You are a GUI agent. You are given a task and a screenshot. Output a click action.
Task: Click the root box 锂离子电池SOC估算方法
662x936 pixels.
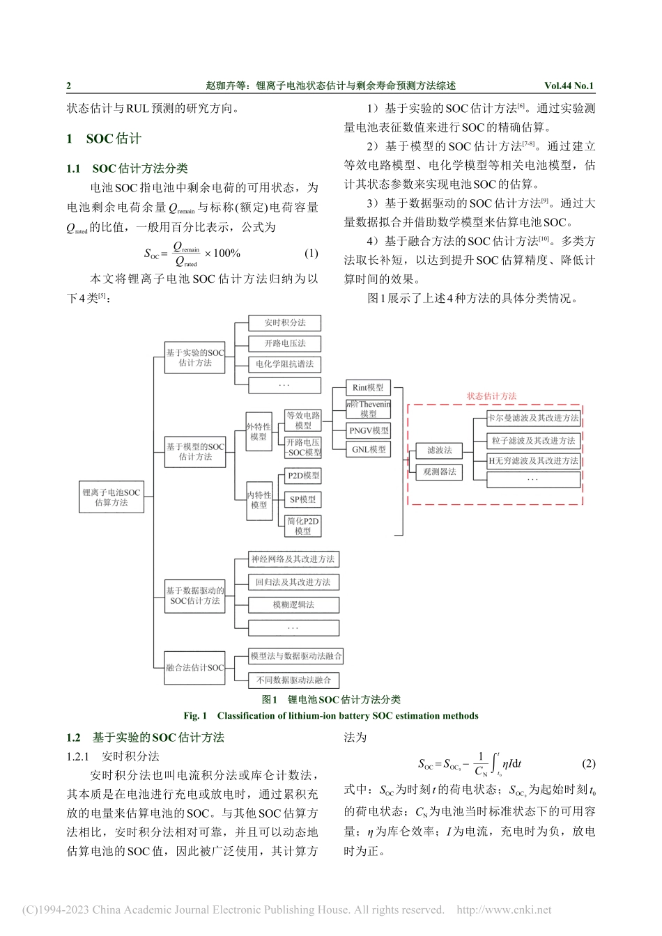pyautogui.click(x=111, y=497)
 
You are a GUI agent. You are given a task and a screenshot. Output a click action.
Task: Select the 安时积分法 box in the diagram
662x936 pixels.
pyautogui.click(x=285, y=322)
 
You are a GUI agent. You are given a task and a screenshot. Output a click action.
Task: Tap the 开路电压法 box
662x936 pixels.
pyautogui.click(x=285, y=343)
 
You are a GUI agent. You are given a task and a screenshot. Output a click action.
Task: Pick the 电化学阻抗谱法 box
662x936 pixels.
pyautogui.click(x=285, y=364)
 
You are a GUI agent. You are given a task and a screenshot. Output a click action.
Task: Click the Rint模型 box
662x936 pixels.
pyautogui.click(x=368, y=388)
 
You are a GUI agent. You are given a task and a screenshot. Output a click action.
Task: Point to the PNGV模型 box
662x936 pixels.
pyautogui.click(x=369, y=430)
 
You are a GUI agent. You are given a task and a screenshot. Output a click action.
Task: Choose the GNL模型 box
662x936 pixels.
pyautogui.click(x=369, y=450)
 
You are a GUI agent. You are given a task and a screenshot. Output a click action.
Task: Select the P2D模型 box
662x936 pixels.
pyautogui.click(x=303, y=476)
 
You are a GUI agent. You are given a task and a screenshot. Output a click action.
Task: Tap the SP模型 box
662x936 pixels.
pyautogui.click(x=303, y=499)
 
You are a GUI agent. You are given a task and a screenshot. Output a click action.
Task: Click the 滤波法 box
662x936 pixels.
pyautogui.click(x=440, y=450)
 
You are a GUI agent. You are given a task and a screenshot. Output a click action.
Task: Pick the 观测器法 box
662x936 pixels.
pyautogui.click(x=440, y=471)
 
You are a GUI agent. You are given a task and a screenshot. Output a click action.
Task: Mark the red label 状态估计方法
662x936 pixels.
pyautogui.click(x=492, y=396)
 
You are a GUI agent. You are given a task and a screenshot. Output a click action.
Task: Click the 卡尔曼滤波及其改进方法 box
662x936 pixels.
pyautogui.click(x=534, y=418)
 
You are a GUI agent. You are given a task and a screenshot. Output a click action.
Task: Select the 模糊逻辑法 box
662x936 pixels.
pyautogui.click(x=293, y=604)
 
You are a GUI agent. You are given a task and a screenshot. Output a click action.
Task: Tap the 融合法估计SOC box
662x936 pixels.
pyautogui.click(x=195, y=668)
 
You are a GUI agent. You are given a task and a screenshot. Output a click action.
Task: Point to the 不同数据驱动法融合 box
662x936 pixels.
pyautogui.click(x=293, y=680)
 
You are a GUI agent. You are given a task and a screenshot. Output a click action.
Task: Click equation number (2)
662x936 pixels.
pyautogui.click(x=589, y=763)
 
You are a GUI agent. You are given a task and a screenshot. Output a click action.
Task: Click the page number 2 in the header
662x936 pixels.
pyautogui.click(x=69, y=86)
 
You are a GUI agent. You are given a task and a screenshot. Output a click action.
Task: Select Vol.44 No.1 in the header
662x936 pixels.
pyautogui.click(x=569, y=86)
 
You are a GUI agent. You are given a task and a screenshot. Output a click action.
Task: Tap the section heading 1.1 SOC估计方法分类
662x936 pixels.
pyautogui.click(x=128, y=169)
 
